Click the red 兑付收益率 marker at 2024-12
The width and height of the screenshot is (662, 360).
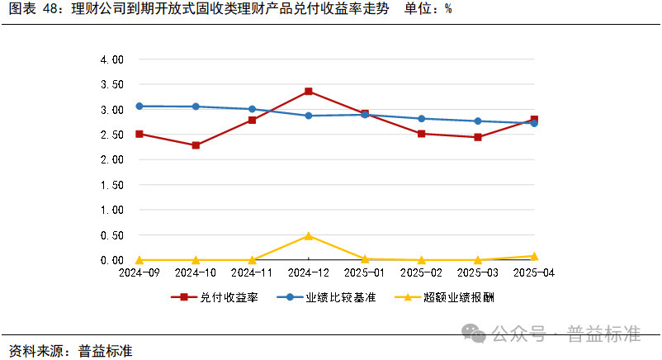pos(308,91)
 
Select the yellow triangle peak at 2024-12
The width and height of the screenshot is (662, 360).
pos(308,236)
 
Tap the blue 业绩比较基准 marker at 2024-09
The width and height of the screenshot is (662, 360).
pos(139,106)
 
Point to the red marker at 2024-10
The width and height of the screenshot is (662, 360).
pos(196,145)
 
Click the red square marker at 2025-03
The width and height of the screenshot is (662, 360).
pos(478,137)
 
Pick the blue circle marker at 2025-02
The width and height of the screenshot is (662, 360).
pos(421,119)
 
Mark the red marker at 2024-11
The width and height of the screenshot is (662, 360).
pos(252,121)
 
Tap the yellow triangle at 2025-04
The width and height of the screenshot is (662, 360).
pos(534,256)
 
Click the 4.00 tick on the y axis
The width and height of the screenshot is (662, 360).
pos(111,59)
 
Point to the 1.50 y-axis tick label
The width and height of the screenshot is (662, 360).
pos(111,185)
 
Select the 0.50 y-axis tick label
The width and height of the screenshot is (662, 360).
pos(111,235)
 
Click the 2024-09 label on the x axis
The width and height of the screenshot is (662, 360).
pos(139,272)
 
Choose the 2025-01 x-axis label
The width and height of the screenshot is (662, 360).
pos(365,272)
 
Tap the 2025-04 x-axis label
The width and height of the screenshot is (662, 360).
pos(534,272)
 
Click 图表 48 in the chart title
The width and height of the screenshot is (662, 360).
pos(32,10)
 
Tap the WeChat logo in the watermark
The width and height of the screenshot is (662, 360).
pos(474,333)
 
